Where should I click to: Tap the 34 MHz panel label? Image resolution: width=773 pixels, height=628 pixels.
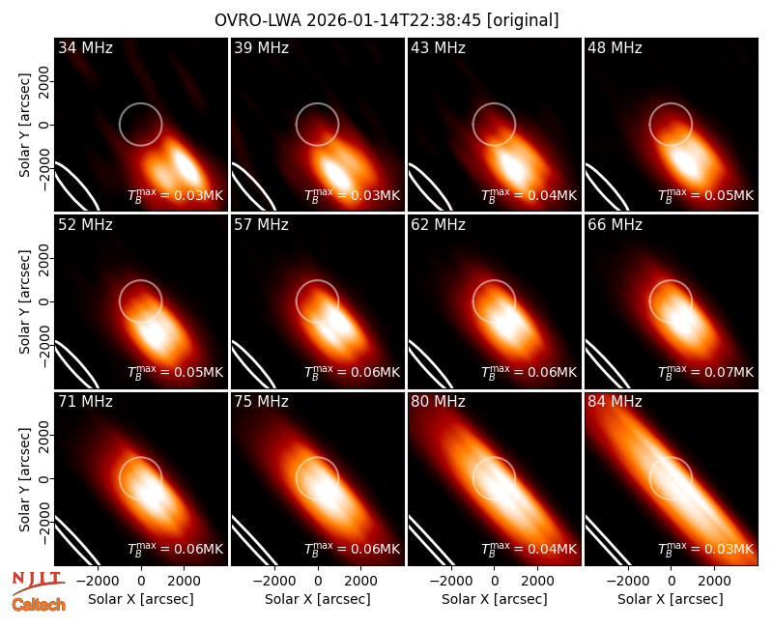pos(85,47)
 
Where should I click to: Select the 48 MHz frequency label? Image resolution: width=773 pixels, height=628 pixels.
pos(615,47)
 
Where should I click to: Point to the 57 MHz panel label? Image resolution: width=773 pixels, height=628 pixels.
pos(261,225)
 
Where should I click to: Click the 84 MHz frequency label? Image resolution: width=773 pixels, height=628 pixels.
pos(615,402)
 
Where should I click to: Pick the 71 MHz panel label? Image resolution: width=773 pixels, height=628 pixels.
pos(85,402)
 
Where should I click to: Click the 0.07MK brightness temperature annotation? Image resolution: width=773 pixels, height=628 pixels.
pos(706,373)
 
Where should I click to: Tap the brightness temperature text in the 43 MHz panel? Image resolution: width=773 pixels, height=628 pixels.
pos(529,196)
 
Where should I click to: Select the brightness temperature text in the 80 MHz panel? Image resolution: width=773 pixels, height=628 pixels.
pos(529,550)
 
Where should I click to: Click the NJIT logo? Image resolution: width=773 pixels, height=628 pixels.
pos(38,583)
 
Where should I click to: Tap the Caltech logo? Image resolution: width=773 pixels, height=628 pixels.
pos(39,605)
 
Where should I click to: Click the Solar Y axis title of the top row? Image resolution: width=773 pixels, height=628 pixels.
pos(25,126)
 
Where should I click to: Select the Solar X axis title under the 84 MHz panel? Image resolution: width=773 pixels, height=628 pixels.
pos(671,599)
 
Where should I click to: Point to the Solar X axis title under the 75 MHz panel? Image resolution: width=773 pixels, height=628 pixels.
pos(318,599)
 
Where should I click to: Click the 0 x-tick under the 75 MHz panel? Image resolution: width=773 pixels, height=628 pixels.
pos(318,582)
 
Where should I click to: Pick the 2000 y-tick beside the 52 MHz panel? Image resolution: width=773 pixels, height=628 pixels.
pos(44,258)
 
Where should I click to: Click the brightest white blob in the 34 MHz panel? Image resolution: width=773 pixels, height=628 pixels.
pos(186,166)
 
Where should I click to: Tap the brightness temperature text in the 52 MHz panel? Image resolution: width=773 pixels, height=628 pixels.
pos(176,373)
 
